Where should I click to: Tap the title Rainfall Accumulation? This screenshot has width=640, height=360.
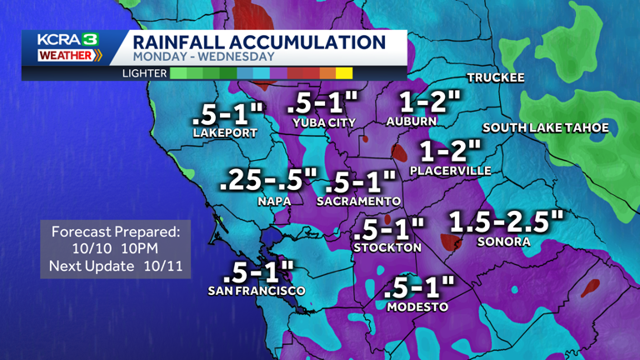(x=259, y=42)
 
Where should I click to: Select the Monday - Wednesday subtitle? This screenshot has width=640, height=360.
(x=203, y=57)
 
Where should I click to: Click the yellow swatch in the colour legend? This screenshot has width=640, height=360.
(x=343, y=73)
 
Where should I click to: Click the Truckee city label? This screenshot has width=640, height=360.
(x=496, y=77)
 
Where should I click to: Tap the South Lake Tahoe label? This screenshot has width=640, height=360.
(x=546, y=127)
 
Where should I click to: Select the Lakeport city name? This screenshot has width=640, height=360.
(x=225, y=132)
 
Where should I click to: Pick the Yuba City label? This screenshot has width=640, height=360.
(x=324, y=122)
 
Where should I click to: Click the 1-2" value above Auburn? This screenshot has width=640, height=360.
(x=429, y=102)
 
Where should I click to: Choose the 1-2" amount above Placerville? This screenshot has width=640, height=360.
(x=450, y=151)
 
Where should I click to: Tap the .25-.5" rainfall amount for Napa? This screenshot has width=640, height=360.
(x=269, y=180)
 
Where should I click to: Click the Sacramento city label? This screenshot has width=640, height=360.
(x=359, y=202)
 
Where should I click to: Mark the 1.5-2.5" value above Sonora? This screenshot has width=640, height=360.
(x=506, y=222)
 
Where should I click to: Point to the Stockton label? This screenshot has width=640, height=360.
(x=387, y=247)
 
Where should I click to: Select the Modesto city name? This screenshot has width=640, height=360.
(x=418, y=307)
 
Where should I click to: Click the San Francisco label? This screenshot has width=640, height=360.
(x=257, y=291)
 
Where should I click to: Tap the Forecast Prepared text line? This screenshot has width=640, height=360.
(x=116, y=231)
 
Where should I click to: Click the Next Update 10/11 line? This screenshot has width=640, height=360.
(x=116, y=267)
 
